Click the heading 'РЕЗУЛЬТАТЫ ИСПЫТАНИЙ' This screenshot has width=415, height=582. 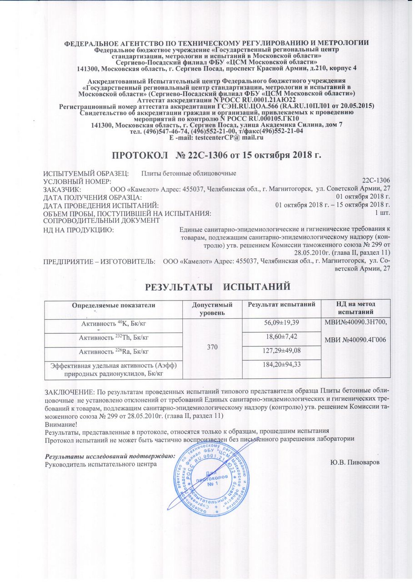click(217, 287)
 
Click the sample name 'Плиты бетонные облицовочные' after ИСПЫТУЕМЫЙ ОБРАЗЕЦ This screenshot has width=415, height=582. click(188, 173)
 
